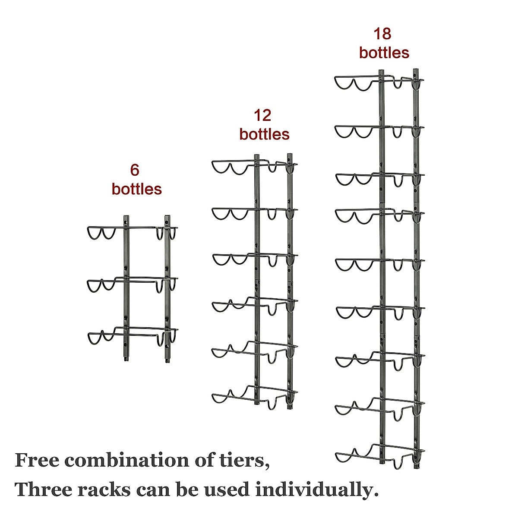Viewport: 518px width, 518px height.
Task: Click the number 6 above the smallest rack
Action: pyautogui.click(x=135, y=170)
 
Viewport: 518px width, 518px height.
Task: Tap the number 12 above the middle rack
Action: pyautogui.click(x=262, y=116)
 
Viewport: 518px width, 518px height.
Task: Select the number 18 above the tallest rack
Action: pyautogui.click(x=382, y=34)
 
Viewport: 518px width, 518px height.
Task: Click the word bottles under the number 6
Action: pyautogui.click(x=136, y=189)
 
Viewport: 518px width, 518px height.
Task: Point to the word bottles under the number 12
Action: pyautogui.click(x=264, y=134)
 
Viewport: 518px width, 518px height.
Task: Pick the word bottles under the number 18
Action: pyautogui.click(x=384, y=53)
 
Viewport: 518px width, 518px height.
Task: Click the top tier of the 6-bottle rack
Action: pyautogui.click(x=132, y=231)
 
